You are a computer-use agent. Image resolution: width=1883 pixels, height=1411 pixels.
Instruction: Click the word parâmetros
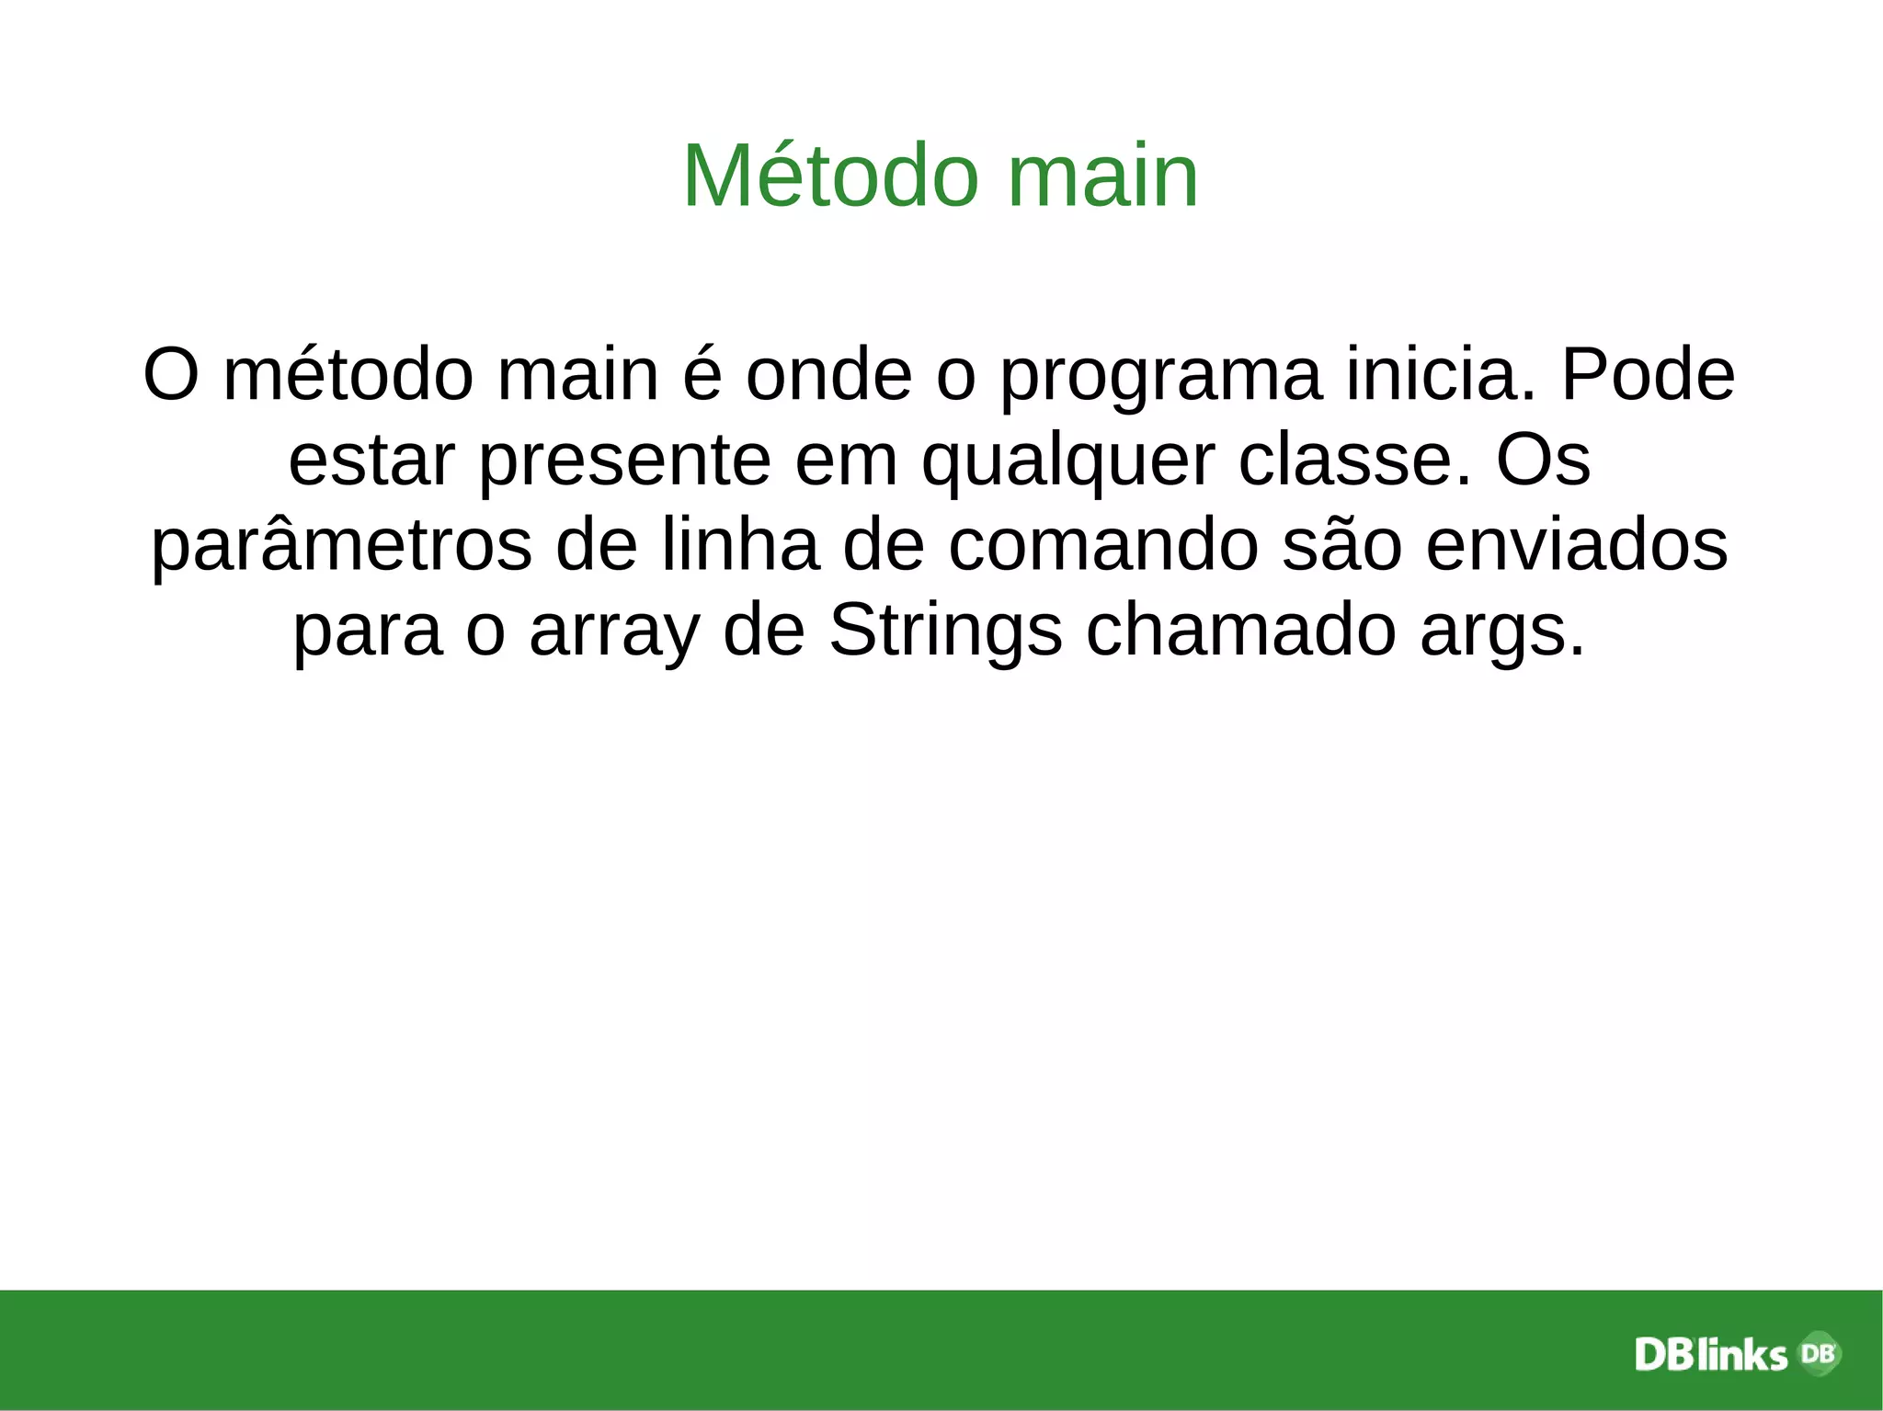tap(341, 545)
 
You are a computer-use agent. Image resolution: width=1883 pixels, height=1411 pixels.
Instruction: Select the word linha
tap(739, 545)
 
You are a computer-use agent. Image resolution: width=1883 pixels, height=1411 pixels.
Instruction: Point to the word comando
tap(1102, 545)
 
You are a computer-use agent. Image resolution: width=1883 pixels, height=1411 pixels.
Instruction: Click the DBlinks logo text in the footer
tap(1711, 1355)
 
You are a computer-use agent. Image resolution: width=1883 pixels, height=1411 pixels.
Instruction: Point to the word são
tap(1341, 545)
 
